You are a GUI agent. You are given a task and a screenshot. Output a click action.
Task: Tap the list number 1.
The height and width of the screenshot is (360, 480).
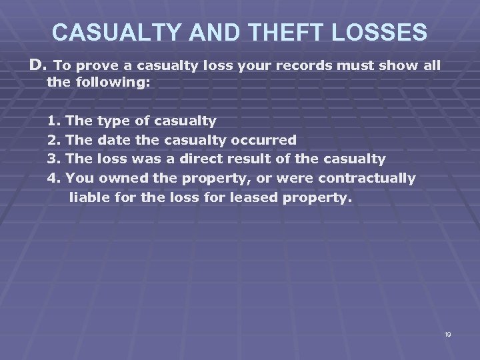[x=53, y=121]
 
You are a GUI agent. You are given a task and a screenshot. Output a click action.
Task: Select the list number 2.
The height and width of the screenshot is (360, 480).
[x=53, y=140]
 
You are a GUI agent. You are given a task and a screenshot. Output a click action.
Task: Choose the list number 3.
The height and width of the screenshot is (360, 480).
[x=53, y=159]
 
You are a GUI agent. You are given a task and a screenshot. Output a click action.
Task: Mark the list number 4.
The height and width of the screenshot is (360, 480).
[x=53, y=178]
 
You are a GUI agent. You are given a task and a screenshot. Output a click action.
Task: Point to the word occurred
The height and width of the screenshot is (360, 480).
[x=263, y=140]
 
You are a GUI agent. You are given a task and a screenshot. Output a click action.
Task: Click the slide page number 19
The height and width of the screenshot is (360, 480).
[x=447, y=334]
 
